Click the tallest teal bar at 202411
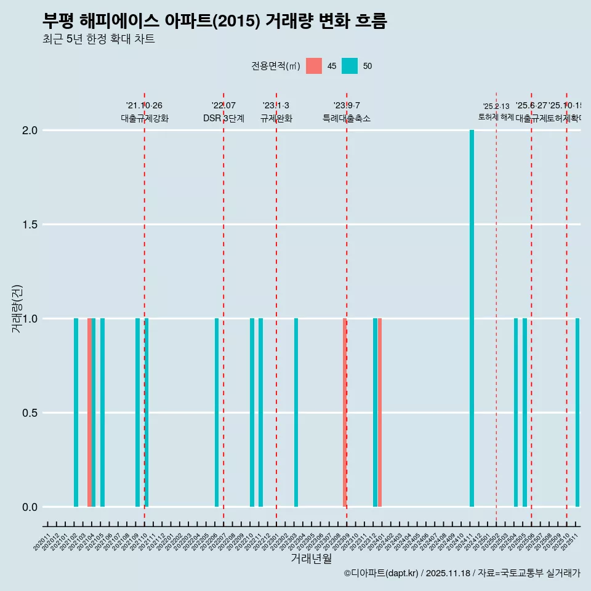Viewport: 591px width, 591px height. point(472,318)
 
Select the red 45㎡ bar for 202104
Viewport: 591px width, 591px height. point(89,412)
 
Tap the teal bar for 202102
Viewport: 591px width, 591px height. point(76,412)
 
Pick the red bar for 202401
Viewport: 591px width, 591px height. point(380,412)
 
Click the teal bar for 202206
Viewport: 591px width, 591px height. point(217,412)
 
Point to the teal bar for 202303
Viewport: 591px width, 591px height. point(296,412)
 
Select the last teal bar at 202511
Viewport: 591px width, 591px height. point(577,412)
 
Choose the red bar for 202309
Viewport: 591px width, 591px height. point(345,412)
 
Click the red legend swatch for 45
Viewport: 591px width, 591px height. point(314,66)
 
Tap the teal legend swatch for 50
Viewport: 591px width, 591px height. point(350,66)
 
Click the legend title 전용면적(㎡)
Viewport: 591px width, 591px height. point(275,66)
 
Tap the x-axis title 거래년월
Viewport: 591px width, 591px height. point(311,558)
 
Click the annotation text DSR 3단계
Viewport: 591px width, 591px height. point(223,118)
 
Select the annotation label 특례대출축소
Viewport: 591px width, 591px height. point(347,118)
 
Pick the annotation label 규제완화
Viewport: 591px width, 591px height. point(276,118)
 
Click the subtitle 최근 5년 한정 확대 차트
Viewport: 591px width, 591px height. point(98,39)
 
